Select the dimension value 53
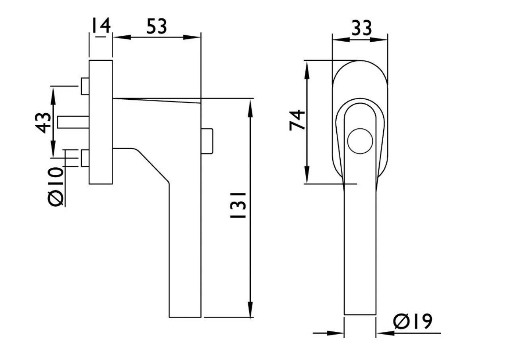click(157, 26)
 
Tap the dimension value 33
click(362, 28)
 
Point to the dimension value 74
click(297, 120)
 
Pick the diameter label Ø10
click(55, 187)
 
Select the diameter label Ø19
click(413, 321)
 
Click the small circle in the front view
click(360, 141)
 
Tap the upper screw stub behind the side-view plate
click(85, 86)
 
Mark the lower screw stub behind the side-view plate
click(85, 158)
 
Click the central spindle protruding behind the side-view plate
click(73, 122)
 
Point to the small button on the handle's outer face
click(207, 141)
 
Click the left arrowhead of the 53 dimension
click(122, 37)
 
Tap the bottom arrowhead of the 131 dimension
click(250, 308)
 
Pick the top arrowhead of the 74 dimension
click(307, 70)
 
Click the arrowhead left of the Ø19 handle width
click(335, 333)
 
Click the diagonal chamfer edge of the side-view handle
click(152, 165)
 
